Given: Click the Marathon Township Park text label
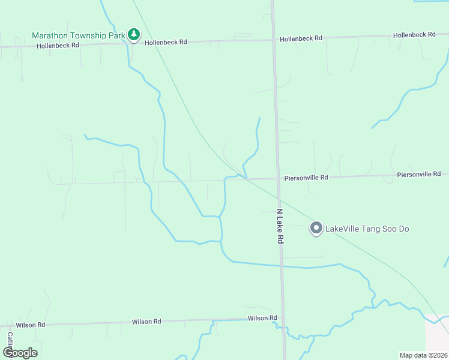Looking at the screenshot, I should point(78,35).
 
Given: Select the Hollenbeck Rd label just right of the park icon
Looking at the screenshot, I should point(166,42).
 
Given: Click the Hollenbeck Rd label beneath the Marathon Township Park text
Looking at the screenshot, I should point(58,46).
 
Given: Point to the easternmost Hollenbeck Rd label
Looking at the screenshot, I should point(414,35).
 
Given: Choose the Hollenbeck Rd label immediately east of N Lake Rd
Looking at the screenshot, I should point(301,38).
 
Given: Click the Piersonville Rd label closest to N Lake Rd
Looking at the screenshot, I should point(306,178).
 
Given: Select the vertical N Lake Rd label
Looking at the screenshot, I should point(280,226).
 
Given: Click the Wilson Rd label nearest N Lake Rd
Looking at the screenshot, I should point(262,318).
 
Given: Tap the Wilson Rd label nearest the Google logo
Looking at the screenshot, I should point(31,325).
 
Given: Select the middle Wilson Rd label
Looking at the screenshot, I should point(146,322).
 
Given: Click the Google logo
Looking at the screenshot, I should point(20,353).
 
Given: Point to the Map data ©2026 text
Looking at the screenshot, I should point(423,355).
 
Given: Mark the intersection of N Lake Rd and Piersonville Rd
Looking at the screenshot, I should point(278,178).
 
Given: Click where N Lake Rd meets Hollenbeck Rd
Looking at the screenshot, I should point(274,40).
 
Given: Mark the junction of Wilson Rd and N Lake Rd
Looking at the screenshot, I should point(283,318).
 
